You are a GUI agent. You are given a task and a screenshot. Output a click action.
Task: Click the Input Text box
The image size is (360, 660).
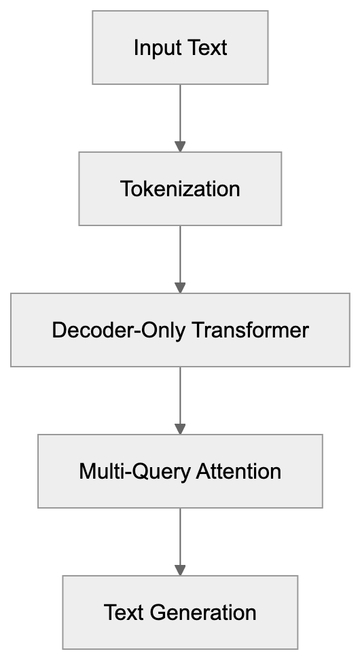[x=180, y=48]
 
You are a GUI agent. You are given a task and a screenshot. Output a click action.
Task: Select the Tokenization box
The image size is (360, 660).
[x=180, y=188]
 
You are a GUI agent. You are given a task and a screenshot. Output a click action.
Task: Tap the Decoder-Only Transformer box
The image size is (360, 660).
[x=180, y=330]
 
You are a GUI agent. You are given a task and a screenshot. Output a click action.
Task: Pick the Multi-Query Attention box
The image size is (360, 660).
[x=180, y=471]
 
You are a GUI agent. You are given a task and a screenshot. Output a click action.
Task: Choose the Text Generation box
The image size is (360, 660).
[x=180, y=612]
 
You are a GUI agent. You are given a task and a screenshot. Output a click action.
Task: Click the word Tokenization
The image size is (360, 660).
[x=180, y=189]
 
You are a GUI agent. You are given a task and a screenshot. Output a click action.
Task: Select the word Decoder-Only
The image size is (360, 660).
[x=120, y=331]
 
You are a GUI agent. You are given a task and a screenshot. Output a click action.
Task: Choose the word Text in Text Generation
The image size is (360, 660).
[x=126, y=612]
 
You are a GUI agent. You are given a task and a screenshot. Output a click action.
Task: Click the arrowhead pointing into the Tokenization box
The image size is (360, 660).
[x=180, y=146]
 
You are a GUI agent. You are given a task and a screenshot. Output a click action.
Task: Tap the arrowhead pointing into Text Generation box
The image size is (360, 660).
[x=180, y=570]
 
